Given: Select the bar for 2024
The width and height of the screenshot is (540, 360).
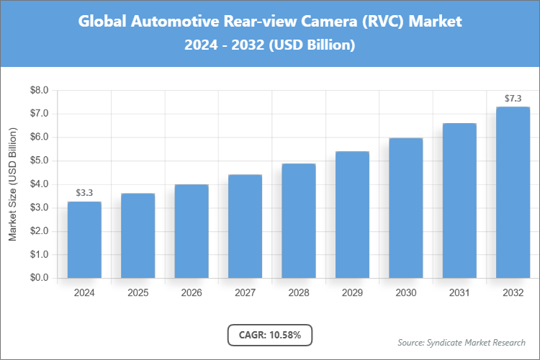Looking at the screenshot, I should coord(84,240).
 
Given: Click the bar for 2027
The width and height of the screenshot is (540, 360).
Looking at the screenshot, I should coord(246,226).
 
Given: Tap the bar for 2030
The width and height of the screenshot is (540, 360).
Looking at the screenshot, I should coord(405,207).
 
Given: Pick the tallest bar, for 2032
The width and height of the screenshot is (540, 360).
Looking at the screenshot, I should coord(513,192).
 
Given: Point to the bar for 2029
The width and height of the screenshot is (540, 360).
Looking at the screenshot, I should coord(352,215).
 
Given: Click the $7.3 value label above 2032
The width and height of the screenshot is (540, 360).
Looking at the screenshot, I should coord(513,98).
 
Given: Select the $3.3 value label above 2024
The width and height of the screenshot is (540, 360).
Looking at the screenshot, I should coord(84,192).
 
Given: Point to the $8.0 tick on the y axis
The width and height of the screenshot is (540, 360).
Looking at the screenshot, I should coord(38,91).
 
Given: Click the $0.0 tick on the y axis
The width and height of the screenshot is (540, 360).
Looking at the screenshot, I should coord(38,278).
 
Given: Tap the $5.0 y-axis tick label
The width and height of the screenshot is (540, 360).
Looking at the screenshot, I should coord(38,161).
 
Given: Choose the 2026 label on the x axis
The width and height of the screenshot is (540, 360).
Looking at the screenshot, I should coord(192,293).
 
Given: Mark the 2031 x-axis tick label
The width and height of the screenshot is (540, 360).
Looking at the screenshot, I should coord(459,293).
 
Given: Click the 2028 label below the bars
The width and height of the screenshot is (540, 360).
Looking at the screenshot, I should coord(299,293).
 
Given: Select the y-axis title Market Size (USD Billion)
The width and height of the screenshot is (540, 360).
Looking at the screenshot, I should coord(12,184).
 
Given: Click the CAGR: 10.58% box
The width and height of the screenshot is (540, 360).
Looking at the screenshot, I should coord(270,334).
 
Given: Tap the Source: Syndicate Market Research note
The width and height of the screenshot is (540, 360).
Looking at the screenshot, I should coord(462,342).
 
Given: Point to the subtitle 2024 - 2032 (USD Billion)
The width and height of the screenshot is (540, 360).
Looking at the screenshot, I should coord(270,45).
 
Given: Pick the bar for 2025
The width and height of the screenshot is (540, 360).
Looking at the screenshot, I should coord(138,235).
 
